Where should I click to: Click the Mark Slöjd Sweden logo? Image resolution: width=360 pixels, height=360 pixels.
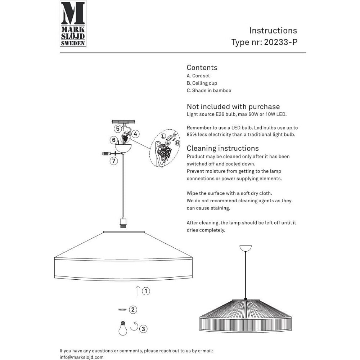[x=73, y=23]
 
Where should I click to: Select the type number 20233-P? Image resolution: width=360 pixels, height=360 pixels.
[x=281, y=42]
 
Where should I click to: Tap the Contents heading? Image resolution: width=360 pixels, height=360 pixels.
[x=202, y=68]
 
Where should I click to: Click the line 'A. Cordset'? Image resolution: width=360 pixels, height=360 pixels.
[x=198, y=76]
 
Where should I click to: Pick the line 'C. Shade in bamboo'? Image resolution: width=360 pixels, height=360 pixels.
[x=209, y=91]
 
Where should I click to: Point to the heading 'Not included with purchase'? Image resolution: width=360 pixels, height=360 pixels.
[x=233, y=107]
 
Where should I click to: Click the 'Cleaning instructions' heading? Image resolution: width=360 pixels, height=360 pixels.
[x=222, y=148]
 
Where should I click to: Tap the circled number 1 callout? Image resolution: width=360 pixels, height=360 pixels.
[x=146, y=291]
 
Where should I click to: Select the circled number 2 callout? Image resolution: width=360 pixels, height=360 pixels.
[x=133, y=310]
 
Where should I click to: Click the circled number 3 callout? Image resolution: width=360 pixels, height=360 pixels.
[x=143, y=328]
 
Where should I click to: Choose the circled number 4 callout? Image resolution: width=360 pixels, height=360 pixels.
[x=135, y=134]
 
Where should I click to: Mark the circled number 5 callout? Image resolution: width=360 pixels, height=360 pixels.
[x=118, y=128]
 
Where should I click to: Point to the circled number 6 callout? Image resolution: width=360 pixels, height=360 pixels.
[x=113, y=140]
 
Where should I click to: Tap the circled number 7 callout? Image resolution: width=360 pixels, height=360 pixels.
[x=114, y=161]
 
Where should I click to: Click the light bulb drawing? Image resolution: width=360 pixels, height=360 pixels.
[x=123, y=328]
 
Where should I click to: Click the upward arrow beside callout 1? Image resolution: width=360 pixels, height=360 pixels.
[x=138, y=291]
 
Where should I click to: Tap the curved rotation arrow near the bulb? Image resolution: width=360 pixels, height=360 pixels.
[x=134, y=326]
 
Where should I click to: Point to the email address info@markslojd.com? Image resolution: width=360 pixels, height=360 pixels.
[x=81, y=357]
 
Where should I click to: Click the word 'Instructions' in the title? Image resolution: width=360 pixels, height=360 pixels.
[x=273, y=31]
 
